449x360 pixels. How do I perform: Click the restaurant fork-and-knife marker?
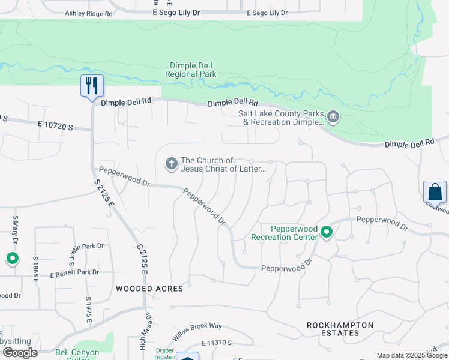click(x=92, y=85)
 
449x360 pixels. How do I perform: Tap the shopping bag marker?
click(x=435, y=192)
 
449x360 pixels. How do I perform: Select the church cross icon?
click(x=171, y=163)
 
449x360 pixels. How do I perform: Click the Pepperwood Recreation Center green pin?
click(x=327, y=232)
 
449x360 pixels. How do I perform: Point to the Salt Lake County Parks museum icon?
click(x=333, y=116)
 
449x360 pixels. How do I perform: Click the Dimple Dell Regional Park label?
click(x=191, y=70)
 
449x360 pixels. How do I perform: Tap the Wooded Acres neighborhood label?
click(x=149, y=289)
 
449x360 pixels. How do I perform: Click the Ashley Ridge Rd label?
click(x=89, y=13)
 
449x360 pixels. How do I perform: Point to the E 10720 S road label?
click(x=55, y=125)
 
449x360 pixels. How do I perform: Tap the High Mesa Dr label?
click(x=144, y=330)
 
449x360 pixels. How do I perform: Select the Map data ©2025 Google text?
click(x=411, y=355)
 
